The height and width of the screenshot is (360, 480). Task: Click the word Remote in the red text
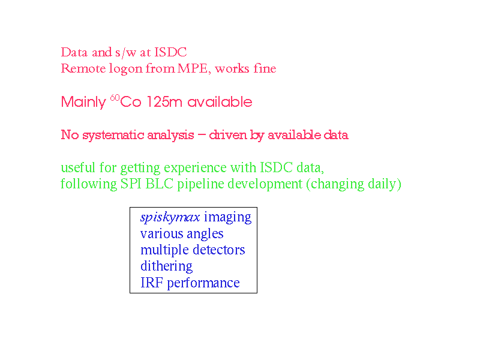83,68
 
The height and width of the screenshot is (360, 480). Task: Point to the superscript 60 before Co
115,98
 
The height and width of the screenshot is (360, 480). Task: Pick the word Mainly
83,103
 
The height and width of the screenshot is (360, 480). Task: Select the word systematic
113,136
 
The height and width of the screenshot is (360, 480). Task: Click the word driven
228,135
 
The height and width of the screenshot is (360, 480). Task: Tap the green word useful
78,167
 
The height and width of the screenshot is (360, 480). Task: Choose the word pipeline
200,184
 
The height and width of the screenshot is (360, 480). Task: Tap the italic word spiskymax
170,217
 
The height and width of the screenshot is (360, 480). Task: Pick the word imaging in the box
228,218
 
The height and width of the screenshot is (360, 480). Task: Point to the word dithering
167,266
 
